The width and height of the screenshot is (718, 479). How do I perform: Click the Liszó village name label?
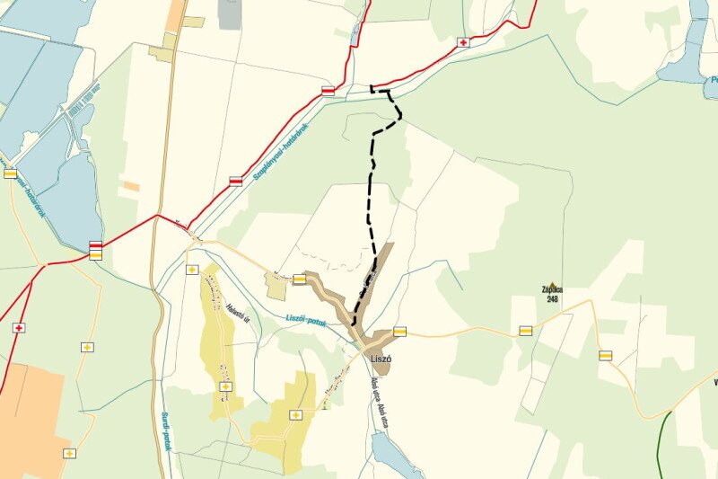[381, 359]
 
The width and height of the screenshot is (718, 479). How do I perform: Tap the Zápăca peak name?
[552, 289]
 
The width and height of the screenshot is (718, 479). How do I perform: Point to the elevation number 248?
[552, 298]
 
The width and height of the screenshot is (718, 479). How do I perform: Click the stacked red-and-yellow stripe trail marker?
[95, 250]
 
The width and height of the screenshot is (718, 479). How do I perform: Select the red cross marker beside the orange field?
[18, 328]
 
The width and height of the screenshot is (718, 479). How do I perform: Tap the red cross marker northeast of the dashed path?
[463, 42]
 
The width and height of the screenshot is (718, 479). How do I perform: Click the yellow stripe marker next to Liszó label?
[399, 331]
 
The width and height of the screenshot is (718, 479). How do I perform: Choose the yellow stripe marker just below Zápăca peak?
[525, 331]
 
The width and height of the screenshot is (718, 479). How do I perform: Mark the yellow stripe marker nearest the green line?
[606, 355]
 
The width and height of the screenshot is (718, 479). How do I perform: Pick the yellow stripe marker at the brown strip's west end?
[299, 279]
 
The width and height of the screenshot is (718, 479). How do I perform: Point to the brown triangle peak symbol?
[551, 281]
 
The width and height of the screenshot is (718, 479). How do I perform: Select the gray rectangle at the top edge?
[230, 13]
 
